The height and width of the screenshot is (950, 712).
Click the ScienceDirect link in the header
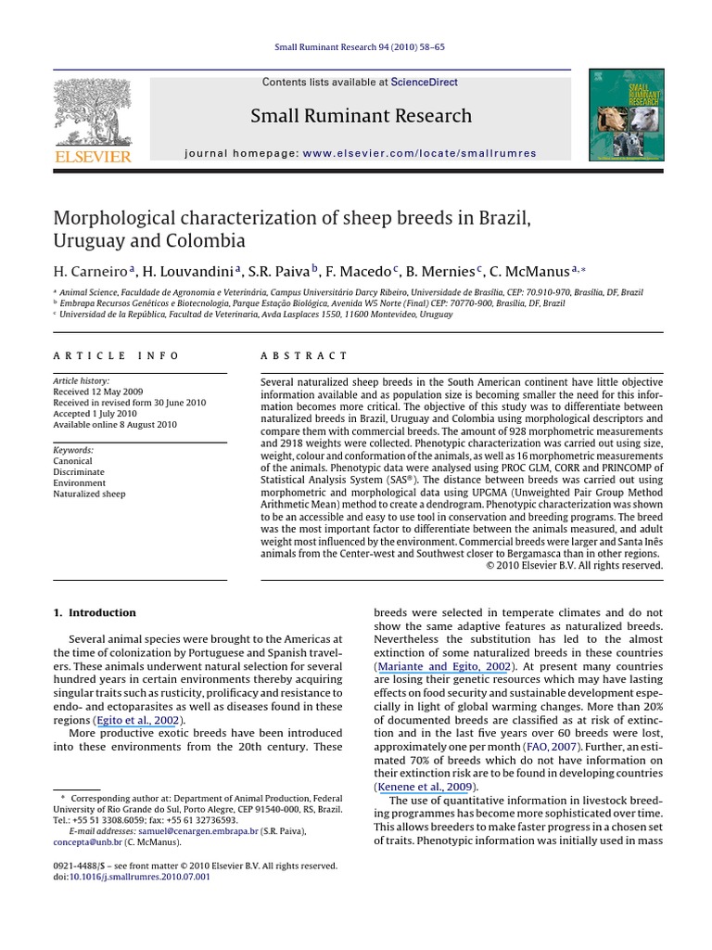coord(424,83)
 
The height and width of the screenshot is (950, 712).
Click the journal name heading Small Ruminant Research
coord(361,116)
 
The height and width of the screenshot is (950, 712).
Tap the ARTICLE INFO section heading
coord(116,355)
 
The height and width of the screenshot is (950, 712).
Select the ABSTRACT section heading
coord(304,355)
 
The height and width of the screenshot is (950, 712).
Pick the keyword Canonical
coord(72,461)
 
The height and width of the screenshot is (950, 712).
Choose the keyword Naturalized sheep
coord(89,494)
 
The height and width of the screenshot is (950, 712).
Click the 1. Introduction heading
coord(95,613)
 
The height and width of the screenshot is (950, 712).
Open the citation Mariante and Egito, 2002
coord(443,666)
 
